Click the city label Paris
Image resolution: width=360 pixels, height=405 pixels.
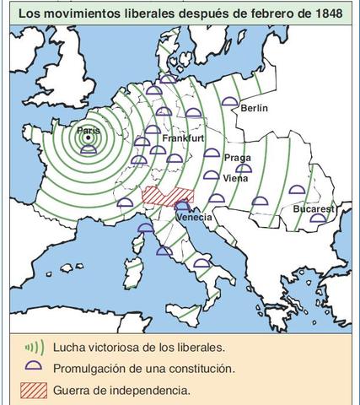point(88,130)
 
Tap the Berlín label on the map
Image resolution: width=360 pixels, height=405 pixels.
point(254,108)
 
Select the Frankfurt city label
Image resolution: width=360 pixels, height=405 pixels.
point(184,138)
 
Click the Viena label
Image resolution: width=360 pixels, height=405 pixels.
point(236,178)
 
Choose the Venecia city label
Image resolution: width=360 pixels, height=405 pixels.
point(193,217)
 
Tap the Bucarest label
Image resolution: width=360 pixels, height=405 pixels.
point(314,208)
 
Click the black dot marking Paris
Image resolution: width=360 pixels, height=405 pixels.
point(88,138)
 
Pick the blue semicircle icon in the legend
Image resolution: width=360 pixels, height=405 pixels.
point(33,368)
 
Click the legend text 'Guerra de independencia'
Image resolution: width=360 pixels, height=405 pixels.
point(121,390)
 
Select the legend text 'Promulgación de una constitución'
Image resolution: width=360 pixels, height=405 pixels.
point(143,368)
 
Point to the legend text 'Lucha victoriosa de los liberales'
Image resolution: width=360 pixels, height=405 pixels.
point(138,346)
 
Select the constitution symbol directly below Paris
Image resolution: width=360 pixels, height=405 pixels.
point(88,150)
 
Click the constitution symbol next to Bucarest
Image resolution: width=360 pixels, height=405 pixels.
point(317,219)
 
